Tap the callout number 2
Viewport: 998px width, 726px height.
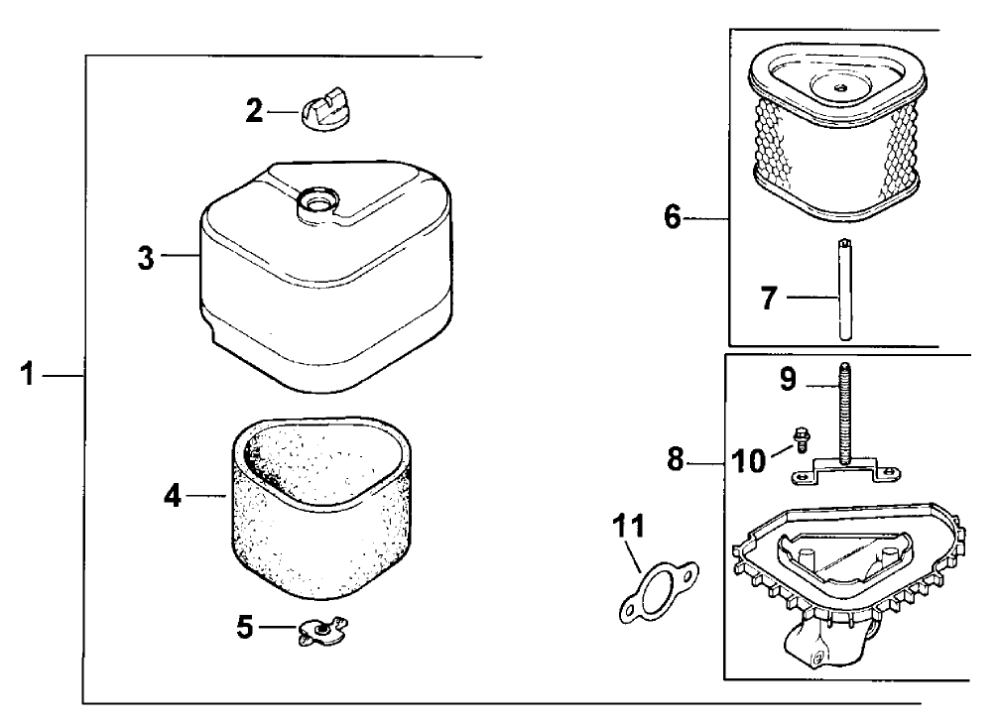point(255,111)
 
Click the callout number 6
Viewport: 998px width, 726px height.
point(673,216)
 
